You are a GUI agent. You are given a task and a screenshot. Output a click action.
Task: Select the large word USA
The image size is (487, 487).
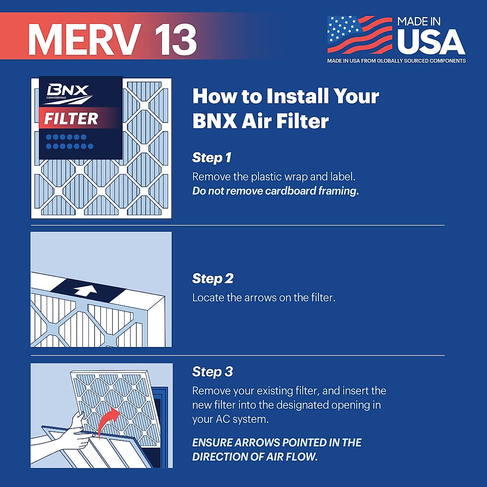[431, 42]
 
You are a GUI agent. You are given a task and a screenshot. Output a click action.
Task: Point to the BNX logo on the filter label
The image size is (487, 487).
[67, 92]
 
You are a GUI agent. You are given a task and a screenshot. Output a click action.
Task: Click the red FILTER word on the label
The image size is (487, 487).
[71, 119]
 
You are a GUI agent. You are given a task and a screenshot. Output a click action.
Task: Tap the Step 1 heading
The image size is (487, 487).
[211, 157]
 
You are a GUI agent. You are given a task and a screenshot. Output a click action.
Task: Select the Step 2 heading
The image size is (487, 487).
[213, 278]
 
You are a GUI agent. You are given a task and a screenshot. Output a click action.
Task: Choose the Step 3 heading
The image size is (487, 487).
[212, 371]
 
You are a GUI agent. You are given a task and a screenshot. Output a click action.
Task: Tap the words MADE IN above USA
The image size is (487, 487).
[418, 22]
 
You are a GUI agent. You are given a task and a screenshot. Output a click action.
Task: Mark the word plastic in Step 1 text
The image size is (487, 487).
[269, 177]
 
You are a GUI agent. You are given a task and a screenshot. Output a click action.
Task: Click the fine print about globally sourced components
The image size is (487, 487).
[396, 61]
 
